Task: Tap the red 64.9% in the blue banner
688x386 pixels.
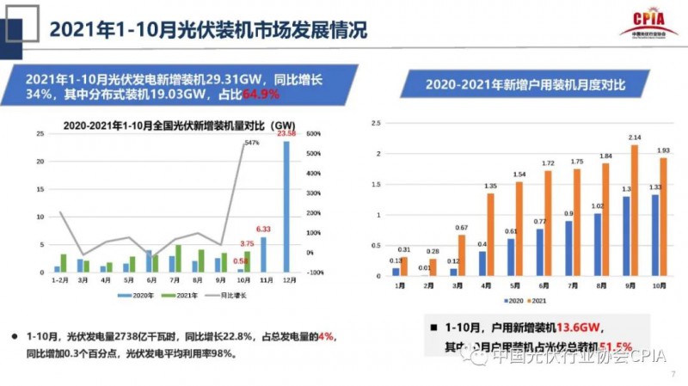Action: tap(262, 92)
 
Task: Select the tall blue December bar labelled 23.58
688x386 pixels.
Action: tap(286, 206)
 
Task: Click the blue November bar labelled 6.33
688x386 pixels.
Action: tap(263, 254)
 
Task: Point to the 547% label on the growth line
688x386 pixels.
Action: tap(251, 142)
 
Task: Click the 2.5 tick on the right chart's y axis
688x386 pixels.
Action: tap(374, 123)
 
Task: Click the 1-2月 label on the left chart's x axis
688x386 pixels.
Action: tap(60, 280)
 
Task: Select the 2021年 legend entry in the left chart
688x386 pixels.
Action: tap(174, 295)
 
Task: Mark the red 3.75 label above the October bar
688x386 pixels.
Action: tap(247, 243)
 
